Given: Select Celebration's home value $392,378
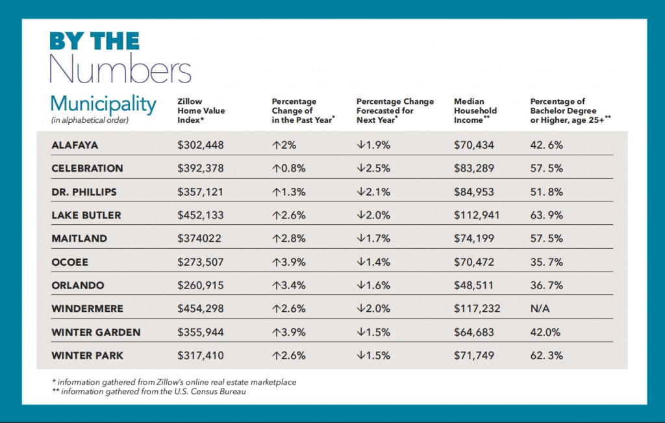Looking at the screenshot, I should click(201, 168).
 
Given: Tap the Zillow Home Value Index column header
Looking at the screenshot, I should click(201, 110).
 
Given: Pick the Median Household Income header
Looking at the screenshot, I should click(475, 110).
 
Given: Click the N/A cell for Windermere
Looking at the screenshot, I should click(540, 309).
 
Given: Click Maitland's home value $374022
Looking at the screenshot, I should click(199, 238).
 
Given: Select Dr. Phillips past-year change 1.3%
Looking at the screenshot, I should click(287, 192).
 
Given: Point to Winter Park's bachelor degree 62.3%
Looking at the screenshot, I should click(547, 355).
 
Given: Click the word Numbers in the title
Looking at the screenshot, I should click(120, 70).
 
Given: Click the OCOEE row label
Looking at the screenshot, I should click(69, 262).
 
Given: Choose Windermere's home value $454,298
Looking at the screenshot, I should click(201, 309).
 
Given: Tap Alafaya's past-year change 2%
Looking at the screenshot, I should click(283, 145).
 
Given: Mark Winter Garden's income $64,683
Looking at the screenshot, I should click(474, 332).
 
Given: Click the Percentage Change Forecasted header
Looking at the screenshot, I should click(396, 110).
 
